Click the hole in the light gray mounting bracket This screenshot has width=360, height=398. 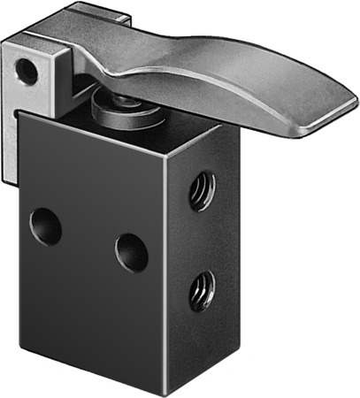[27, 71]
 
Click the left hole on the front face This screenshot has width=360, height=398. [45, 226]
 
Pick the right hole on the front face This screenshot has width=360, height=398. [132, 251]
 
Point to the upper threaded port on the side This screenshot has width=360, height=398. [203, 189]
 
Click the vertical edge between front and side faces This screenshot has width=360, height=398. [168, 265]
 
